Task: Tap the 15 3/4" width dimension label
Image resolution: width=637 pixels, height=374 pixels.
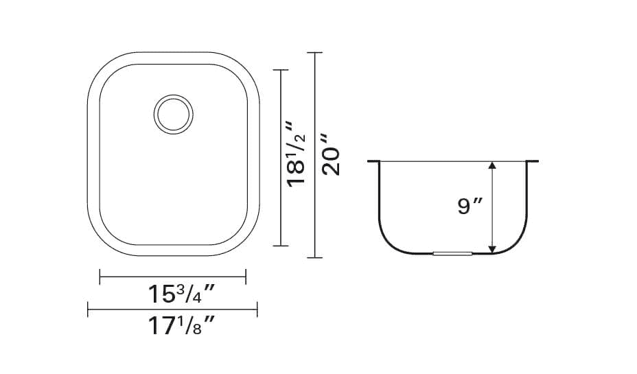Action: coord(181,294)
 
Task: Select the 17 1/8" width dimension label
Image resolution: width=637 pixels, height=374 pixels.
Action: coord(181,325)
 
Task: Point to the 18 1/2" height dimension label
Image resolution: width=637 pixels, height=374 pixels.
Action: coord(296,154)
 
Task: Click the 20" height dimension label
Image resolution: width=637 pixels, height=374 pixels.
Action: coord(331,154)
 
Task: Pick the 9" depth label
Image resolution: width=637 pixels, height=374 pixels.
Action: coord(470,206)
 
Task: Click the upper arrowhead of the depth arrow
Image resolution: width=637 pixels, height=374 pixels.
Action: coord(492,165)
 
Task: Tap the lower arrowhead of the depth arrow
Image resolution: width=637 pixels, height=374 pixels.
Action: coord(492,249)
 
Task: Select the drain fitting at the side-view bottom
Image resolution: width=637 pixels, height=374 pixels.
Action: coord(452,254)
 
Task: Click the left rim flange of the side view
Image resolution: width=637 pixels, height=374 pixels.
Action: coord(373,161)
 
